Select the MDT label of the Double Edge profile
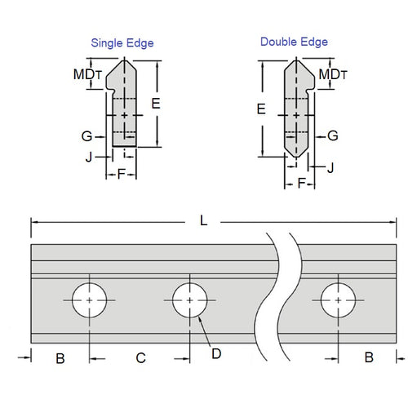tap(333, 74)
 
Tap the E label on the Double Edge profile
tap(261, 108)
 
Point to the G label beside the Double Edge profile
tap(333, 135)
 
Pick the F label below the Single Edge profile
tap(122, 174)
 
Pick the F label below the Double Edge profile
tap(301, 184)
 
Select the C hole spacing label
tap(140, 357)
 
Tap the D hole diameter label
tap(216, 353)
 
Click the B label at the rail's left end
tap(60, 357)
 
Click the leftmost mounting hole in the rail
tap(90, 300)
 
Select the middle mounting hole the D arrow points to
tap(189, 300)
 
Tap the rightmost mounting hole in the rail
tap(337, 300)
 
